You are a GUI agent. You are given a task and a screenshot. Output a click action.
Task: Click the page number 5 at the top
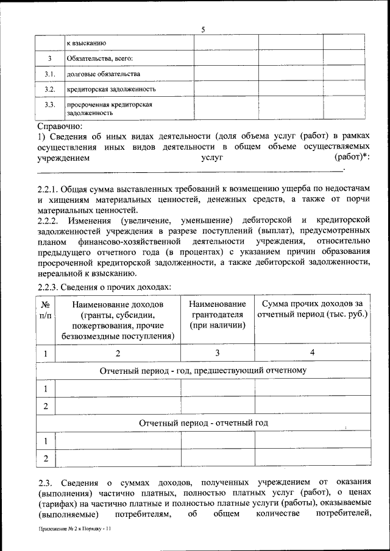(x=203, y=30)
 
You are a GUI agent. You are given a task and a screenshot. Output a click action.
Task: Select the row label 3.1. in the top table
(x=50, y=74)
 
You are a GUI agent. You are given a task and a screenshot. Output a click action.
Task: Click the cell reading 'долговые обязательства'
(x=104, y=74)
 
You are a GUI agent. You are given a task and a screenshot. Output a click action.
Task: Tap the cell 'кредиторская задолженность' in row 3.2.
(x=111, y=89)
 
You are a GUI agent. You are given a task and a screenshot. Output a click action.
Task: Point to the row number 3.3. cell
(x=50, y=105)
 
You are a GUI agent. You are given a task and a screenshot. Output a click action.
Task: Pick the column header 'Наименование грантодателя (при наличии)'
(x=218, y=314)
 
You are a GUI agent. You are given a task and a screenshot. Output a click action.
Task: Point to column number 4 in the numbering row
(x=312, y=353)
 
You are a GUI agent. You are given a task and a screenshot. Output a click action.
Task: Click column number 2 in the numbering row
(x=118, y=353)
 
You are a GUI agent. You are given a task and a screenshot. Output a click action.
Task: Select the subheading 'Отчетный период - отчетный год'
(x=204, y=423)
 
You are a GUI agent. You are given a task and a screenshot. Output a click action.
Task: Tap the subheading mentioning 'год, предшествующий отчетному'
(x=204, y=370)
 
